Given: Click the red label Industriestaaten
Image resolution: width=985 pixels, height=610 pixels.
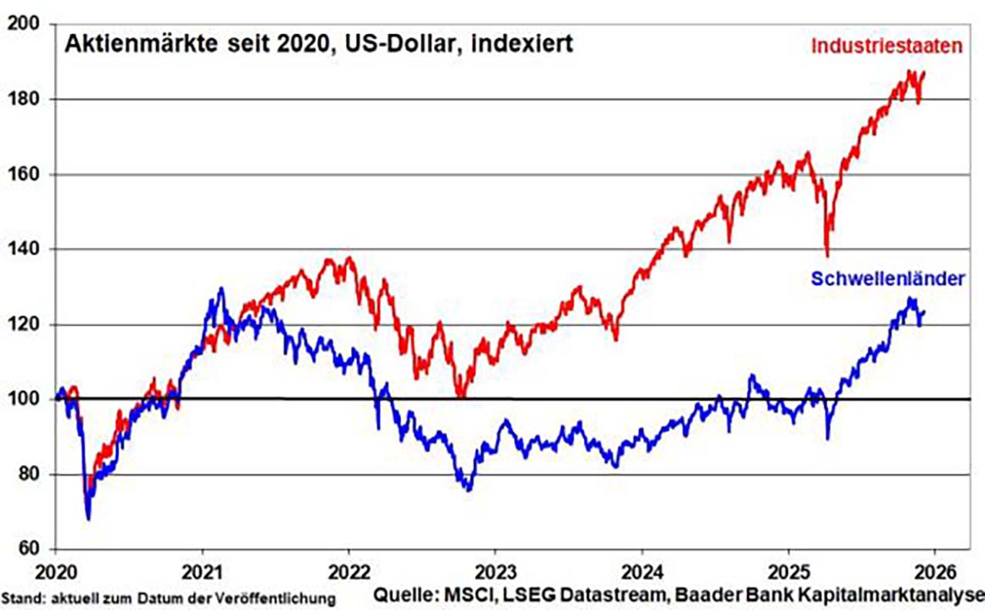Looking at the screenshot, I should pos(887,46).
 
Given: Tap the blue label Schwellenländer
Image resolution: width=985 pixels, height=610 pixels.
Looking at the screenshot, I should pos(887,279).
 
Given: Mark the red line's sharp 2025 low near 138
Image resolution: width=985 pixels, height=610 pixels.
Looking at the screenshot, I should pos(827,256).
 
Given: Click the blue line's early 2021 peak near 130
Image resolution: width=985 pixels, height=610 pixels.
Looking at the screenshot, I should pos(221,289).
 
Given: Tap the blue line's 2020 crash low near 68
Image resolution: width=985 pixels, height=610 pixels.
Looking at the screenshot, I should pos(88,518).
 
